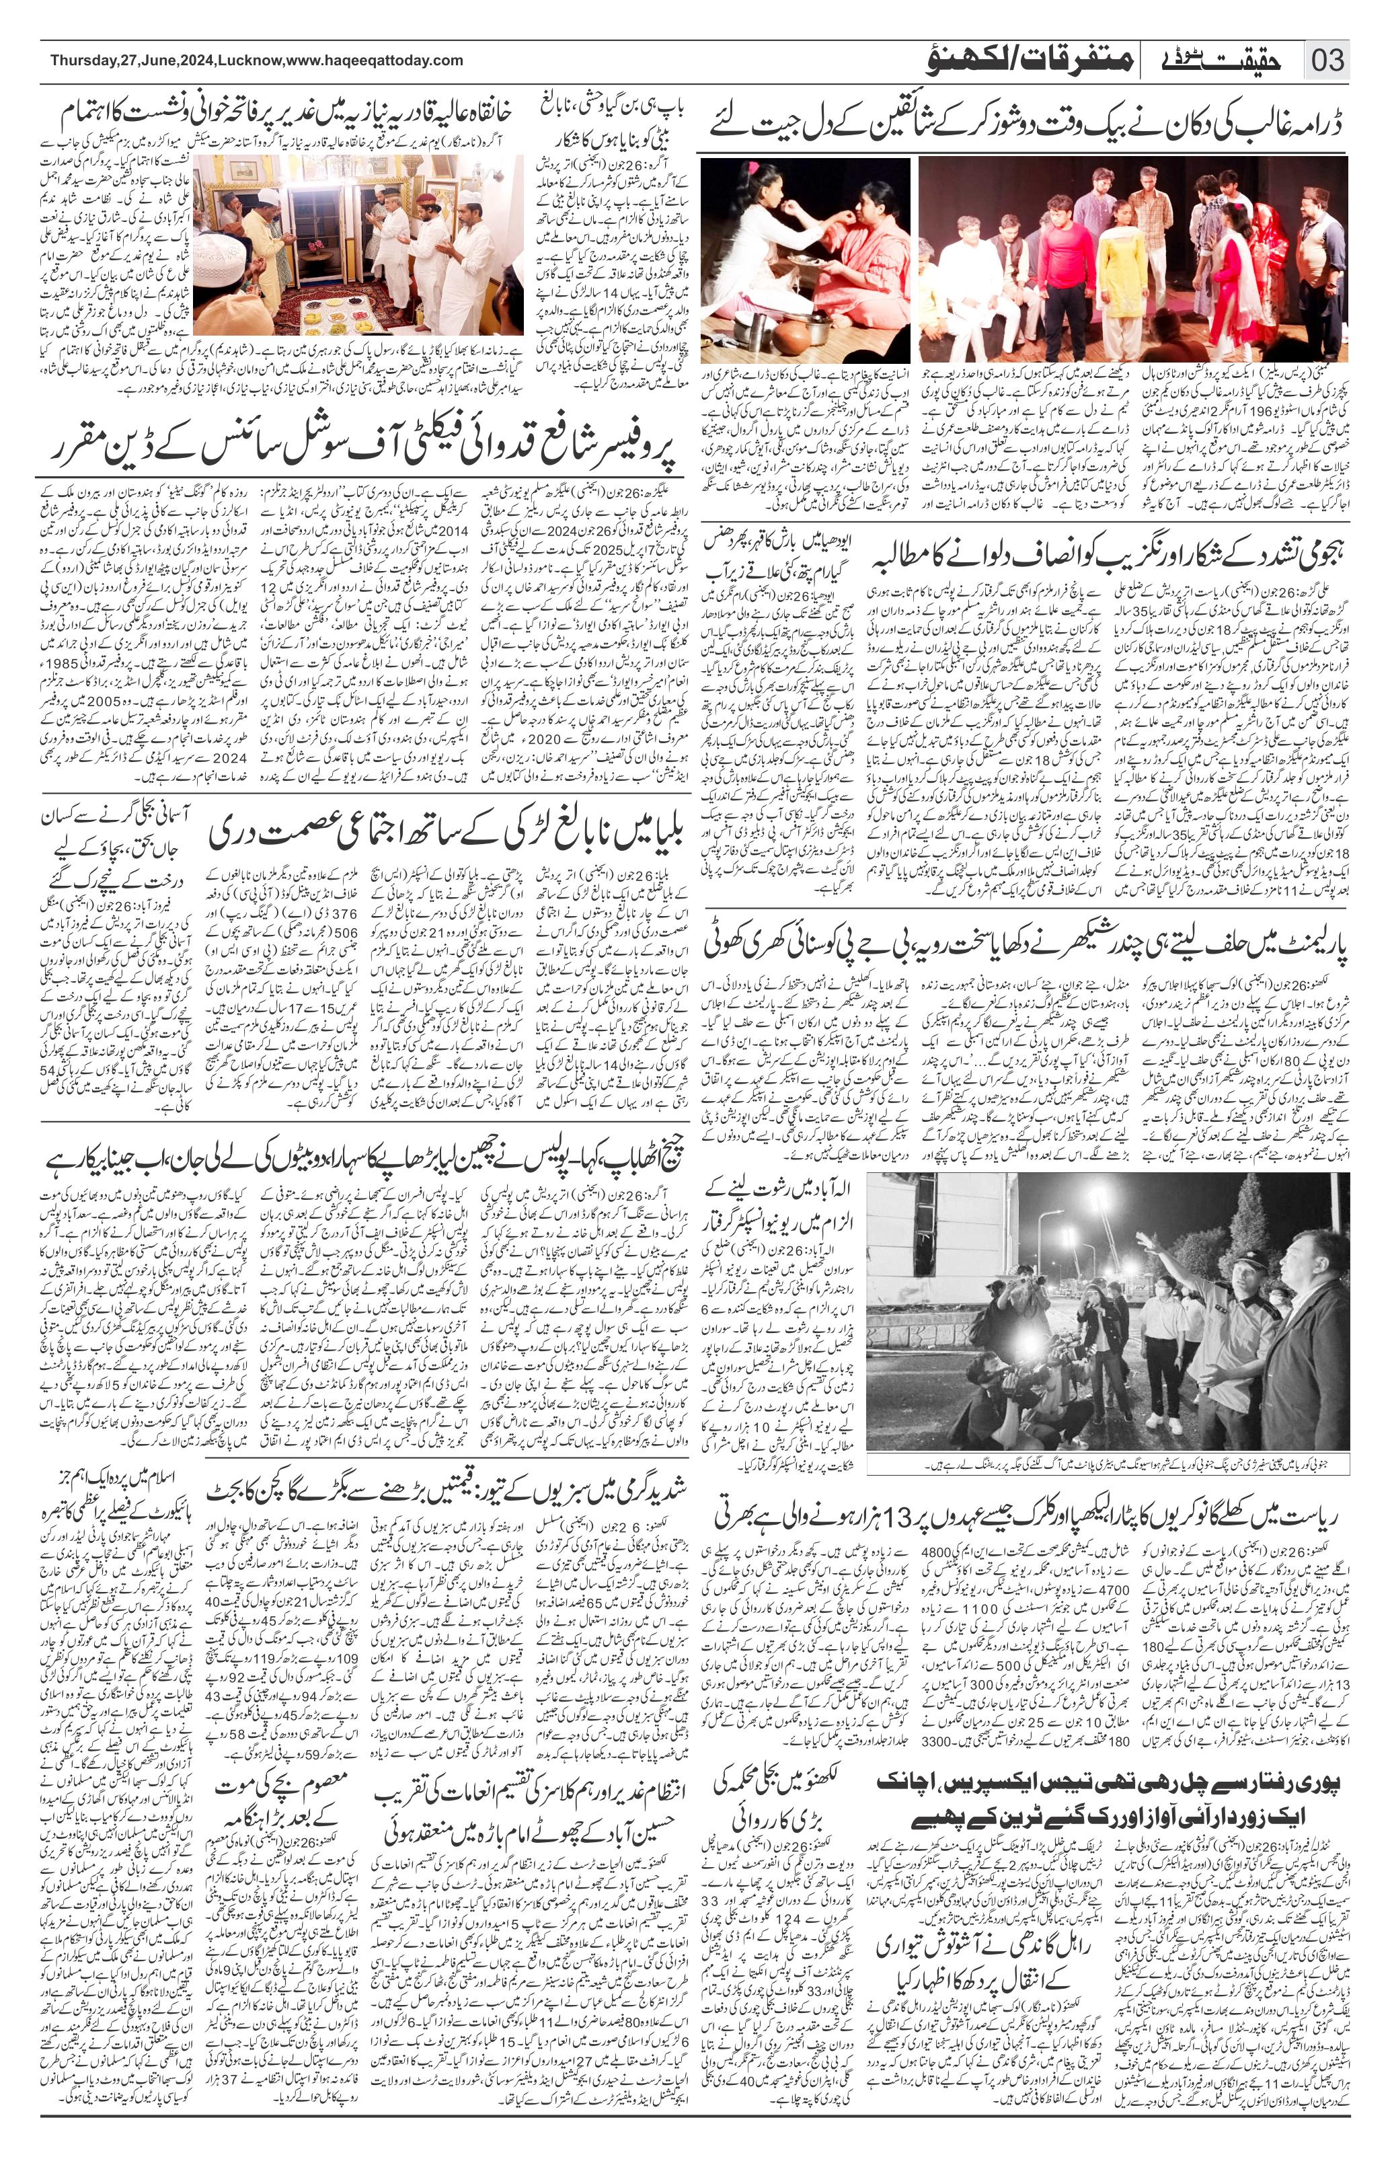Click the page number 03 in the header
pos(1327,61)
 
